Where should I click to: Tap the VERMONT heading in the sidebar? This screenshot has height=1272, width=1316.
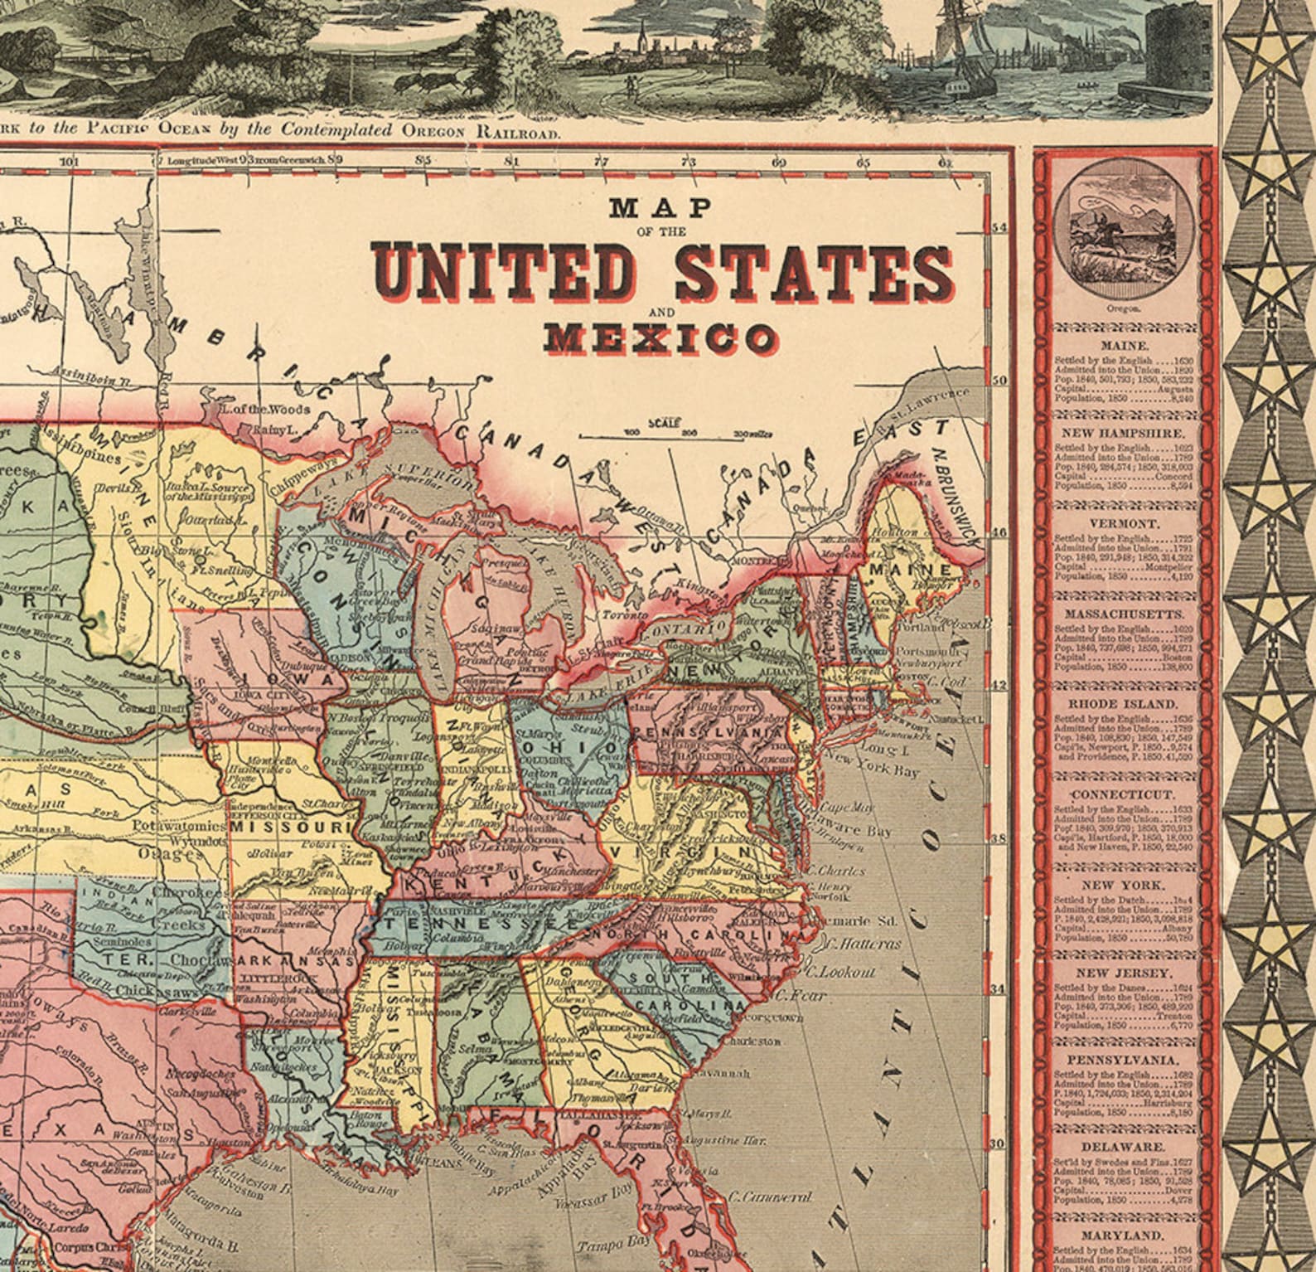[1125, 525]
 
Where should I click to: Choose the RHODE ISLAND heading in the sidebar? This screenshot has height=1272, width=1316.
[1125, 704]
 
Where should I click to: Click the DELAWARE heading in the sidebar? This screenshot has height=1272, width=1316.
[1125, 1148]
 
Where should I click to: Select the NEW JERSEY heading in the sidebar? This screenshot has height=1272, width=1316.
[1125, 973]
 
